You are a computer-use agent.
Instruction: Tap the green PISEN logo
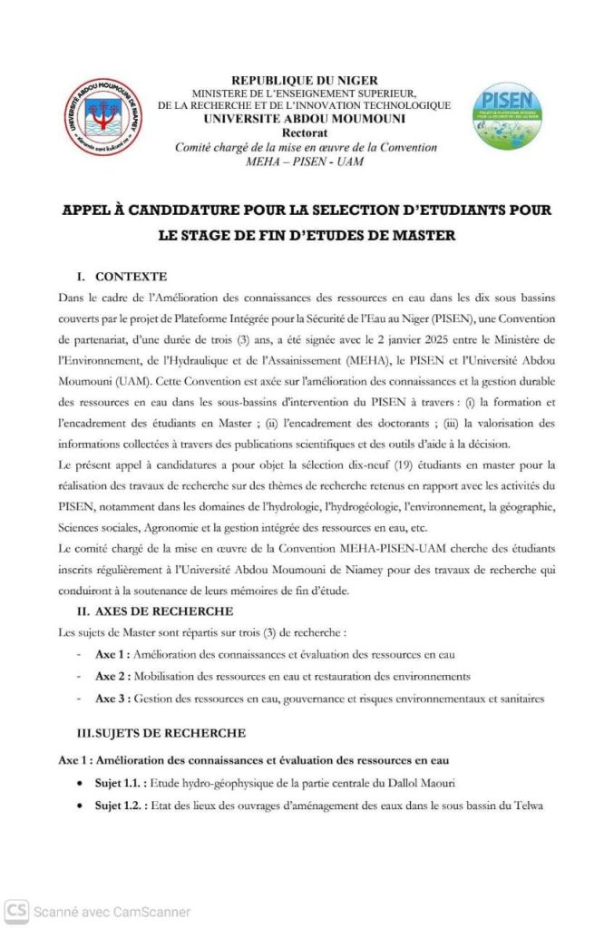click(508, 115)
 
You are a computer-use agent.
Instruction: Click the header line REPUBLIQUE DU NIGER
click(304, 81)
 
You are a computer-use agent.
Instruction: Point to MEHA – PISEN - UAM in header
click(305, 161)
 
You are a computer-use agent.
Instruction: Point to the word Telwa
click(525, 805)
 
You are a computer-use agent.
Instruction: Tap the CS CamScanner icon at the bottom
click(15, 911)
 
